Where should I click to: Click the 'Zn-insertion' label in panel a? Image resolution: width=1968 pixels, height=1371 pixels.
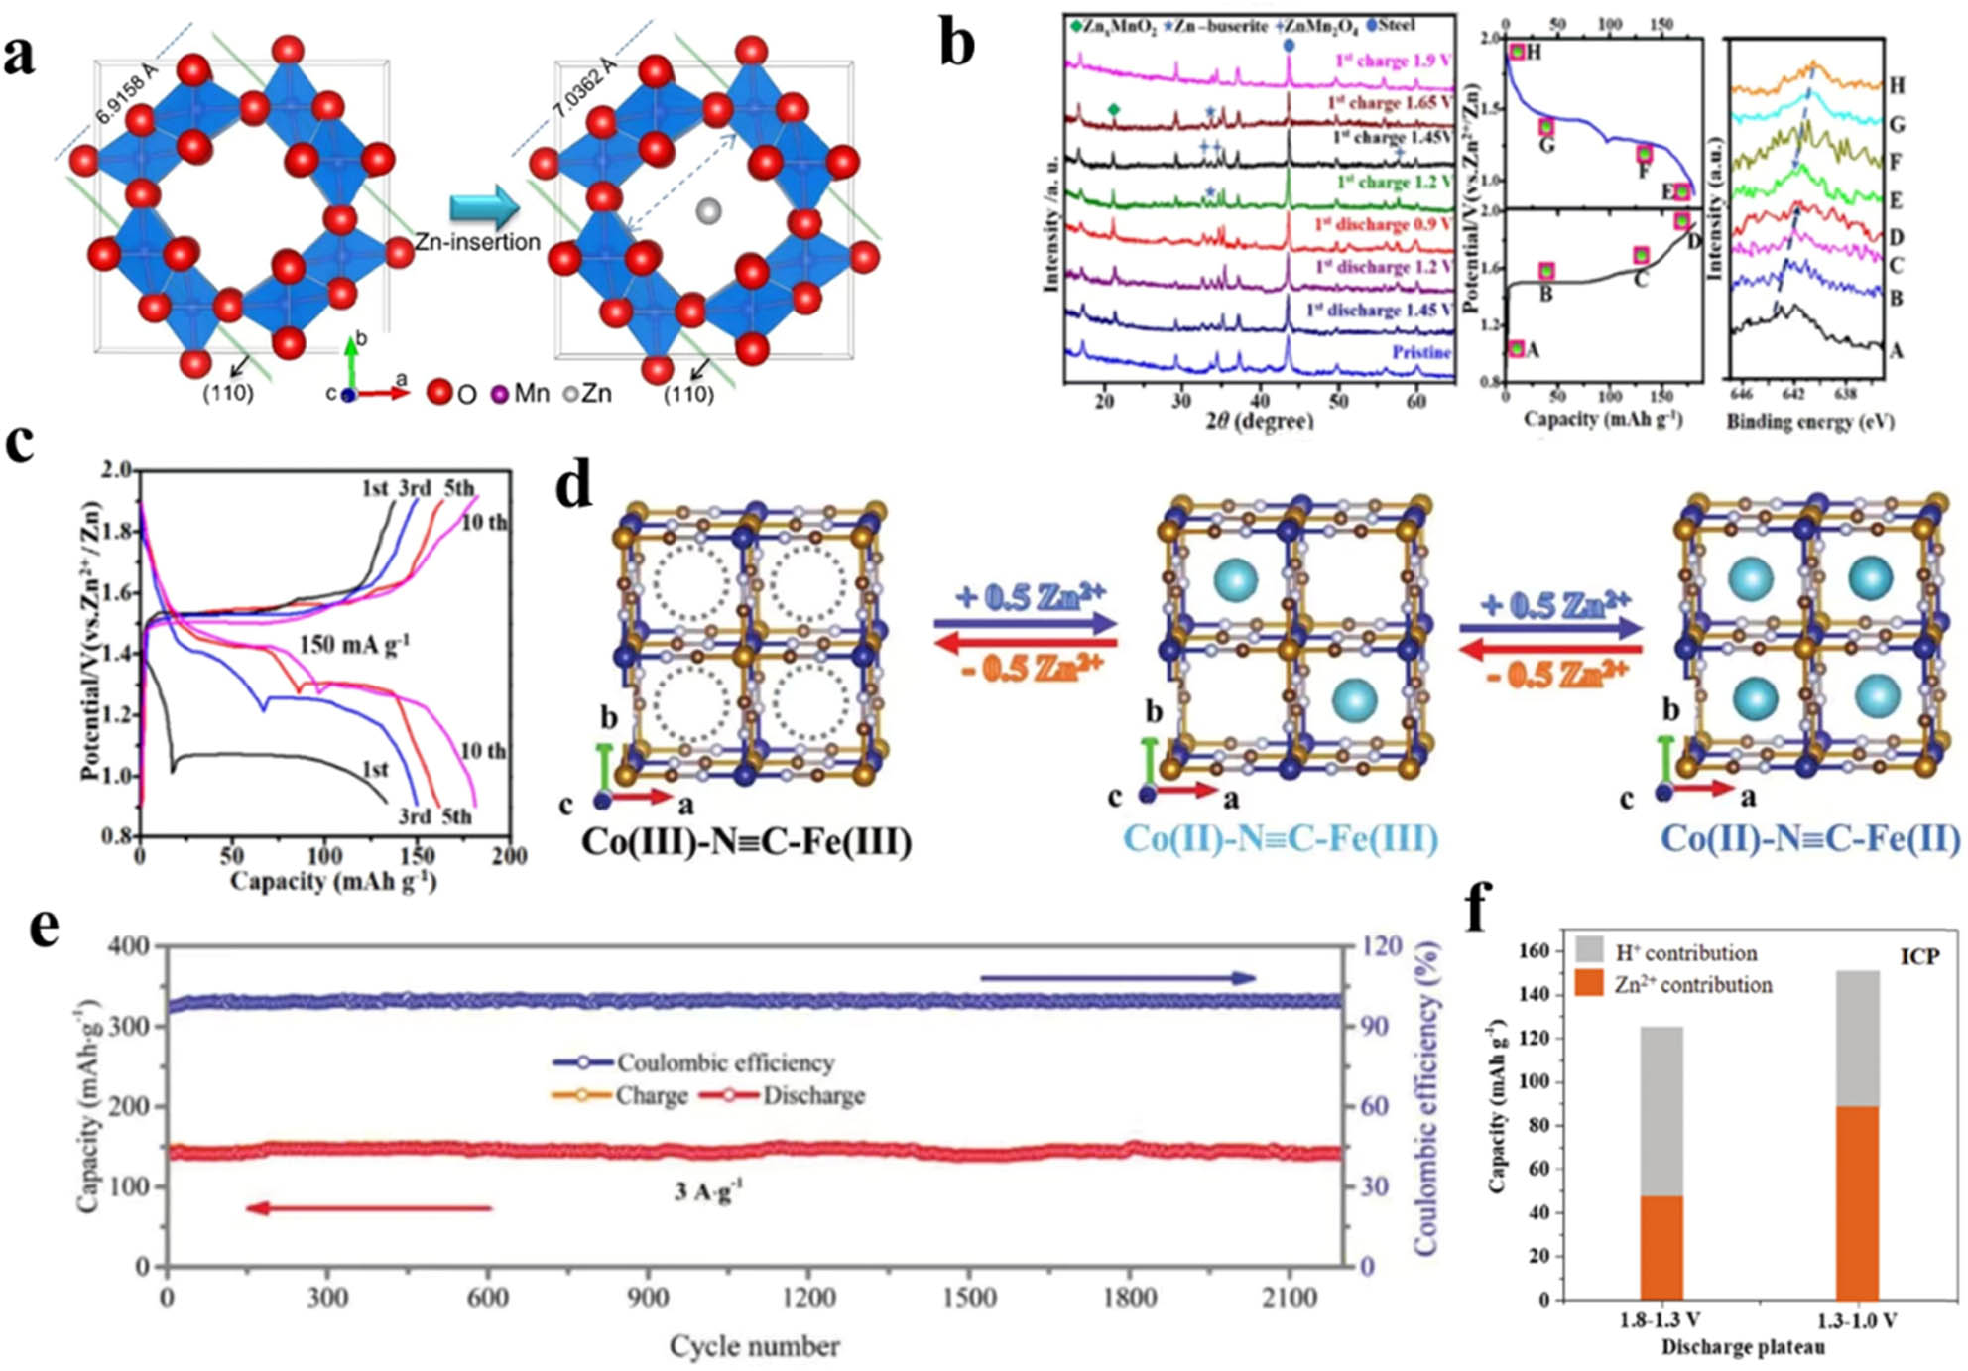click(x=477, y=242)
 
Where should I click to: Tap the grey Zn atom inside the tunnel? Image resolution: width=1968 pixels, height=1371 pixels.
click(x=708, y=210)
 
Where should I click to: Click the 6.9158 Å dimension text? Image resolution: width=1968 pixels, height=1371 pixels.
click(x=126, y=93)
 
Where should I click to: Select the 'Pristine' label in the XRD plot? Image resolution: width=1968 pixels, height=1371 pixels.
click(x=1420, y=353)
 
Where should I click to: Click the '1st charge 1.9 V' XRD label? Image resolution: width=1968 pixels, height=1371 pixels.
click(x=1393, y=61)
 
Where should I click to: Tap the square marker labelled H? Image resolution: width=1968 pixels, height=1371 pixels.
click(x=1517, y=52)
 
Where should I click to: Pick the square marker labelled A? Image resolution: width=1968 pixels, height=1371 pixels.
click(x=1516, y=349)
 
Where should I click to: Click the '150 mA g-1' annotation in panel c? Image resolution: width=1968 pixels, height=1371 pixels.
click(x=354, y=645)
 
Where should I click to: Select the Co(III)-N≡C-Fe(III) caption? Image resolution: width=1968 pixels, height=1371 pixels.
click(x=746, y=841)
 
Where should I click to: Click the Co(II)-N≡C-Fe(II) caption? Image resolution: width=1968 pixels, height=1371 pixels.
click(x=1809, y=839)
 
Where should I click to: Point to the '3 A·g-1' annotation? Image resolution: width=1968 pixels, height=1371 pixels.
click(x=707, y=1191)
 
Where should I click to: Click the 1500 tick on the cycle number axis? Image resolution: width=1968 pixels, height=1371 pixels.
click(x=969, y=1298)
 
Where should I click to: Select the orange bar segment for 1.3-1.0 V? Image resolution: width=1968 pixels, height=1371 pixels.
click(x=1857, y=1202)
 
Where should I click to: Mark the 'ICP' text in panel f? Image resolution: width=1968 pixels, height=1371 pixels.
click(x=1919, y=957)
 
